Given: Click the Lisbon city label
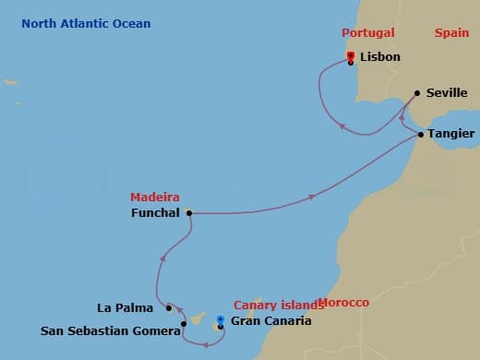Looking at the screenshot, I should (x=381, y=56).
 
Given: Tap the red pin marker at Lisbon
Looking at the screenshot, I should (x=351, y=56).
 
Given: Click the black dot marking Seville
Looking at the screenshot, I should (x=417, y=92).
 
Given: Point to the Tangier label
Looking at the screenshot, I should (x=451, y=135).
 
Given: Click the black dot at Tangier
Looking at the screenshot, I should (x=421, y=135).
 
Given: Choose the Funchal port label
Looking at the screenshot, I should (x=157, y=213).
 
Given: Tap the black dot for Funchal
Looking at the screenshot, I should (x=189, y=212).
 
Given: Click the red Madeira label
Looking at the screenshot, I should (x=155, y=198).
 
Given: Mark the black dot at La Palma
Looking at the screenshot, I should (x=168, y=307).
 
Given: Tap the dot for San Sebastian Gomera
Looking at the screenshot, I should (x=185, y=324).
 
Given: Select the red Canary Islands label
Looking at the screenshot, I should (x=273, y=305).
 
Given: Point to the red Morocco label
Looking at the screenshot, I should (x=342, y=303).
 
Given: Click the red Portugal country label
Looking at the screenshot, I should (x=367, y=33).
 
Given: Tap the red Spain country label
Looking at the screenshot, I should (x=451, y=33).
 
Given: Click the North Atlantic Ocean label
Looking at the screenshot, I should (x=87, y=24).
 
